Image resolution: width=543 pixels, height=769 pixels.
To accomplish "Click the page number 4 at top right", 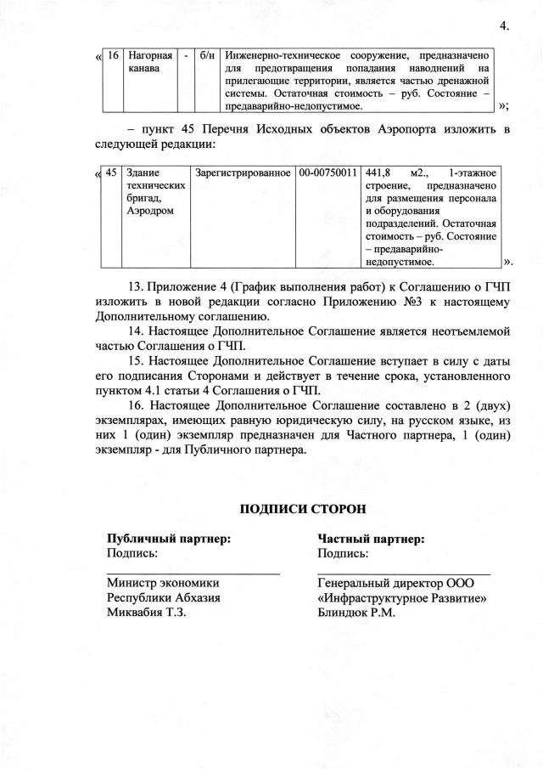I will click(505, 26).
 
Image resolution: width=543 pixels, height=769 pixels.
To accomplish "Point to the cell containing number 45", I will click(111, 172).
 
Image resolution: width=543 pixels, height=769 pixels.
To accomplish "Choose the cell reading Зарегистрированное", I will click(243, 172).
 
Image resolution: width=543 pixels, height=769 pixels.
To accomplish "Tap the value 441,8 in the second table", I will click(376, 172).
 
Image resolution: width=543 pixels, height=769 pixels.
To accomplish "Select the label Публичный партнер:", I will click(169, 539).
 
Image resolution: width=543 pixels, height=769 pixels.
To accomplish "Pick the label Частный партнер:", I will click(371, 539).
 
